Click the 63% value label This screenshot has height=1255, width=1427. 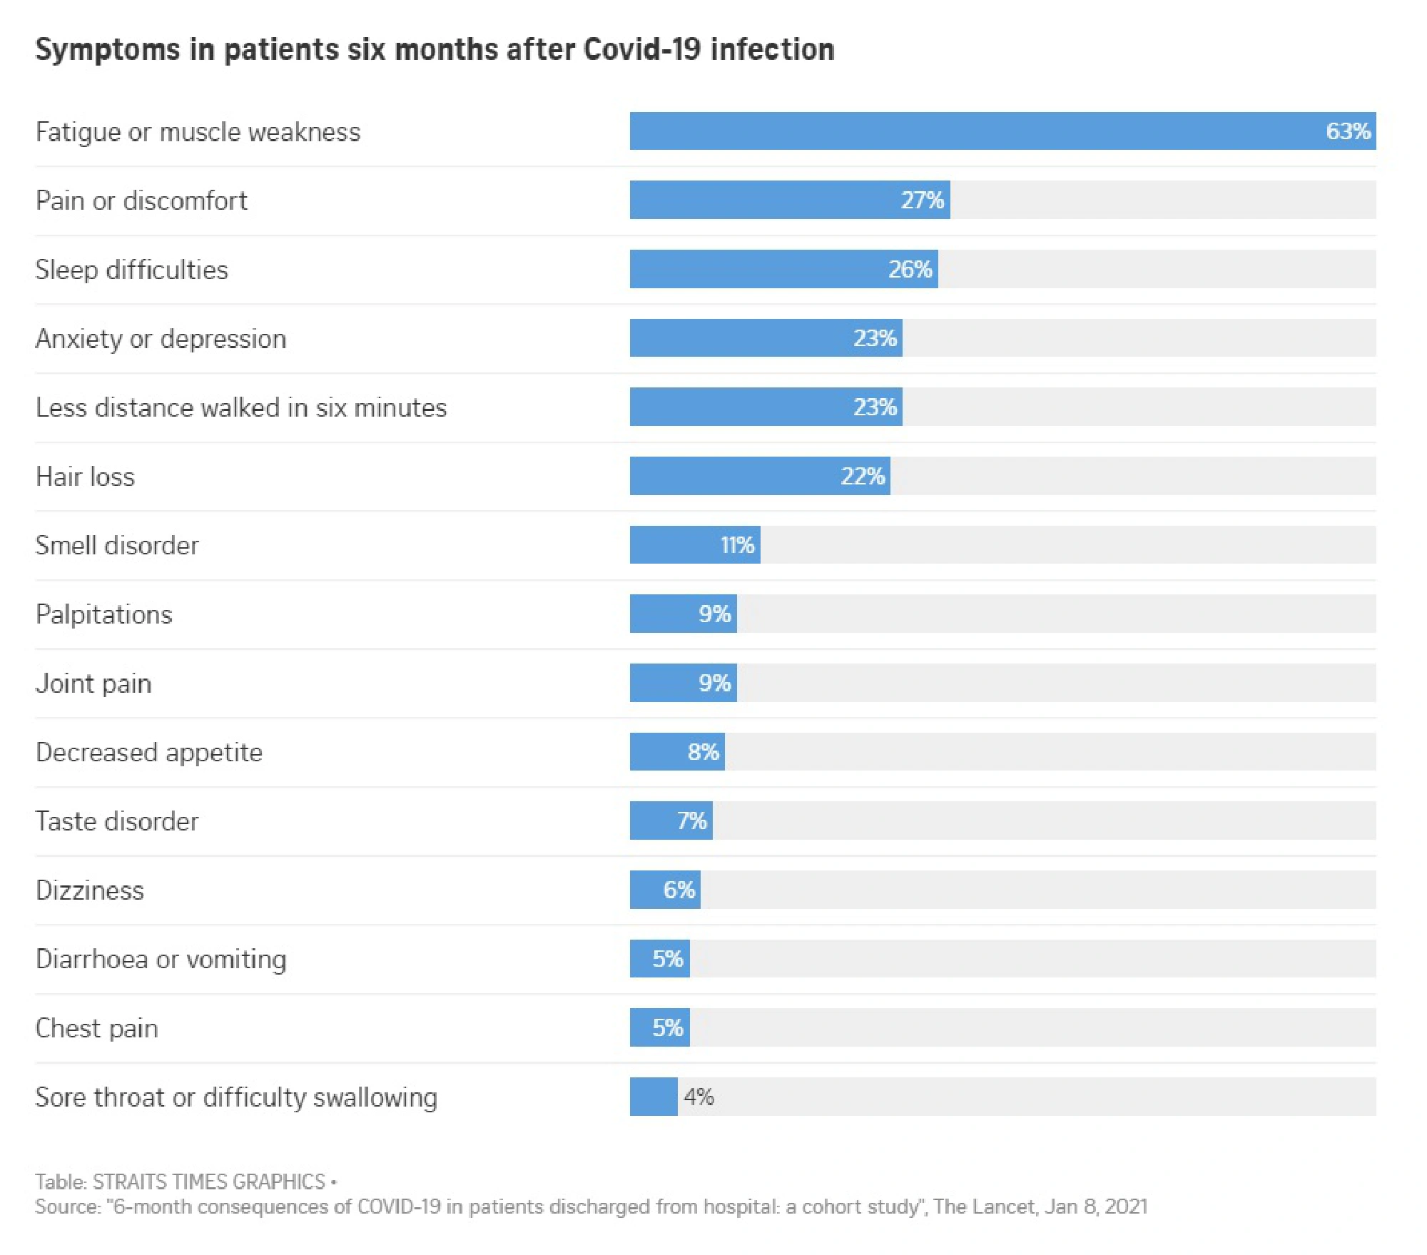(1347, 131)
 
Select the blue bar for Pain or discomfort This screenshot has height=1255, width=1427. (763, 200)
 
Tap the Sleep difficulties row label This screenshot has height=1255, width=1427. (132, 270)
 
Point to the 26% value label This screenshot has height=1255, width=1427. (910, 269)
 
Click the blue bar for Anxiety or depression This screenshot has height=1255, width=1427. (742, 337)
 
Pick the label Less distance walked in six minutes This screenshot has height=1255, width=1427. (241, 407)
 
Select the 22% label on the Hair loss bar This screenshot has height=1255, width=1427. (863, 476)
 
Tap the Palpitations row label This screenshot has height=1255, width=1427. (104, 614)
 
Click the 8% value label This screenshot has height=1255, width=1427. (703, 751)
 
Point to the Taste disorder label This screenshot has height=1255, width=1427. (117, 821)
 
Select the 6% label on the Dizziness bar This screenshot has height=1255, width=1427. (679, 890)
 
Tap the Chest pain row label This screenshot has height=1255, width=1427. (97, 1028)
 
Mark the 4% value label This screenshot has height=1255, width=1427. (699, 1097)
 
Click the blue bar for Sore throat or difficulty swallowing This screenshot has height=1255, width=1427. (653, 1097)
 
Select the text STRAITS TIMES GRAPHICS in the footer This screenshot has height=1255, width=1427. (209, 1182)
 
